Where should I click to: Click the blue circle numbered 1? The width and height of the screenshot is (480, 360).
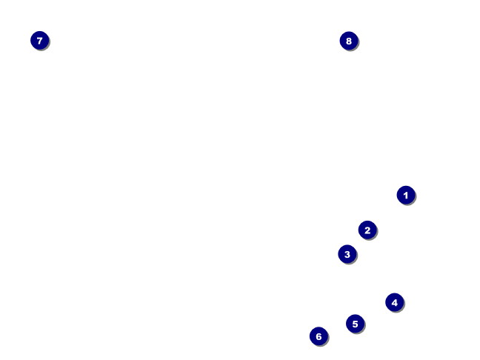(405, 195)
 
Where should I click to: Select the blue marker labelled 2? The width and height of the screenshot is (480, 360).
(367, 230)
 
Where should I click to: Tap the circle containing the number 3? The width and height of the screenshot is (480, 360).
(347, 254)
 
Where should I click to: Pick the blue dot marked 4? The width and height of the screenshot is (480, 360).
(394, 302)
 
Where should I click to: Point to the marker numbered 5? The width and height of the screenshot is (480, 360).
(355, 324)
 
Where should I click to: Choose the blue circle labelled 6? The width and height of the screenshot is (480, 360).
(319, 336)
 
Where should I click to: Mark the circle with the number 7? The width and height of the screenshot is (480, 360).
(40, 41)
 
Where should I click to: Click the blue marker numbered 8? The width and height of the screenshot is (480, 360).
(349, 41)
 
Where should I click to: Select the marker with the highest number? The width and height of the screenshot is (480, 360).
(349, 41)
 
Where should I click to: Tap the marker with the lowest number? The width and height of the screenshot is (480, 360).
(405, 195)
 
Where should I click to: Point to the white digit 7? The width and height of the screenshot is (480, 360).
(40, 41)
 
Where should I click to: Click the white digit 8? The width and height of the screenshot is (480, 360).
(349, 41)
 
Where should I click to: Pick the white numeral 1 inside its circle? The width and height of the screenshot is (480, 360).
(405, 195)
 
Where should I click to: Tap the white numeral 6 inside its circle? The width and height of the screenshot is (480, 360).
(319, 336)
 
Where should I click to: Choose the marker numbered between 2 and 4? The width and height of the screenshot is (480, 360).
(347, 254)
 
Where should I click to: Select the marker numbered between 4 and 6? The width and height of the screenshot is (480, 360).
(355, 324)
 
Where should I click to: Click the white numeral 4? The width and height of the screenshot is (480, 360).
(394, 302)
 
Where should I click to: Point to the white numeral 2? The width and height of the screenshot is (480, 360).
(367, 230)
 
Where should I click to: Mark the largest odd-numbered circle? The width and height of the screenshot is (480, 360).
(40, 41)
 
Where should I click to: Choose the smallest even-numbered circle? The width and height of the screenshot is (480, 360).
(367, 230)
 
